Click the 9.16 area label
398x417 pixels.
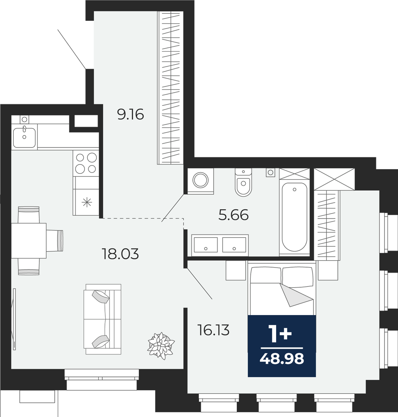(x=130, y=114)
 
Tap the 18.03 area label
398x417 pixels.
(x=120, y=254)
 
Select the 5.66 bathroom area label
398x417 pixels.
(x=234, y=215)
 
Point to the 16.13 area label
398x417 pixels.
(x=213, y=330)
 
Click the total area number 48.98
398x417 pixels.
(x=282, y=359)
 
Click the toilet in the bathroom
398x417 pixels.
(x=243, y=182)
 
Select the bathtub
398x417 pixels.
(x=294, y=217)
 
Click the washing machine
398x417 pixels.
(x=201, y=181)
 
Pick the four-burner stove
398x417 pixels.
(x=86, y=163)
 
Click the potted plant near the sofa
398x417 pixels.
(x=161, y=346)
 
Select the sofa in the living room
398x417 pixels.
(x=103, y=319)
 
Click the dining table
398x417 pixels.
(x=29, y=241)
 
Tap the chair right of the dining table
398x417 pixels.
(x=55, y=241)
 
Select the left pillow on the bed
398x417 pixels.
(x=266, y=276)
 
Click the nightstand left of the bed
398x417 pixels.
(x=236, y=270)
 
